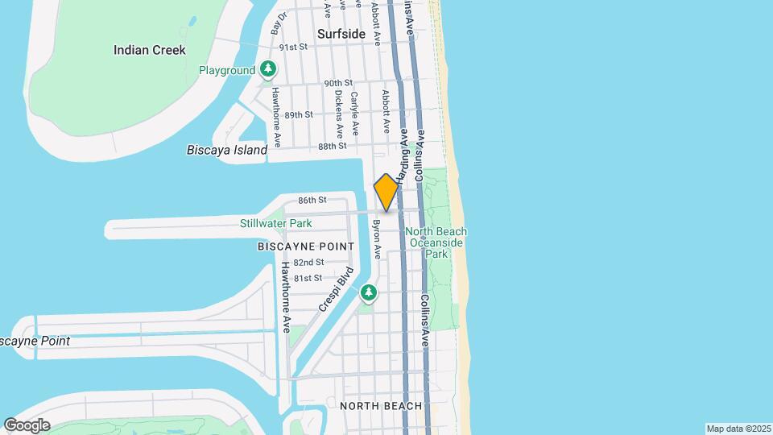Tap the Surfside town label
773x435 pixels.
coord(341,34)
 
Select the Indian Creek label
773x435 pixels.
coord(150,50)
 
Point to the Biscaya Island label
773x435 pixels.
coord(226,150)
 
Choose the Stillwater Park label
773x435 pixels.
coord(275,223)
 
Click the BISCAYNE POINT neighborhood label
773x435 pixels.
coord(306,246)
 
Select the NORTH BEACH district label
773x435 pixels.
coord(381,406)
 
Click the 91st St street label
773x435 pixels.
coord(294,48)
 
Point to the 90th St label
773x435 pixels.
coord(339,83)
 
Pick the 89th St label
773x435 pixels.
coord(298,114)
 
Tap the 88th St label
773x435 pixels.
coord(332,146)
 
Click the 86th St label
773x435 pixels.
coord(312,200)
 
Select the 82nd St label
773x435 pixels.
coord(308,262)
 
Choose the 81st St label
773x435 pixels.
coord(308,278)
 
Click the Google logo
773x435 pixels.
coord(27,425)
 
